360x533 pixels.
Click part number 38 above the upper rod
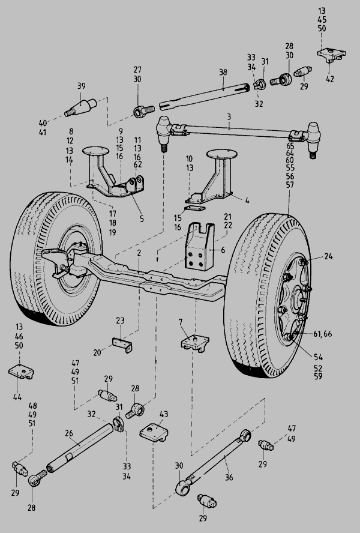point(223,73)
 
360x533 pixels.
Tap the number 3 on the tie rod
point(229,116)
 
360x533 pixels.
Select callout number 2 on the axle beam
point(139,253)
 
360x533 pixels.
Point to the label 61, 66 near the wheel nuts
point(323,334)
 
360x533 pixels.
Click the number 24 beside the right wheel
point(328,256)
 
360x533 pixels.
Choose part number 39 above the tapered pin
point(81,86)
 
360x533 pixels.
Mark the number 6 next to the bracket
point(223,250)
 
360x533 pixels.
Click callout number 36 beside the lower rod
point(229,477)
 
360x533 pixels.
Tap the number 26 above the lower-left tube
point(69,433)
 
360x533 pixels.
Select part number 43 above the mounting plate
point(164,414)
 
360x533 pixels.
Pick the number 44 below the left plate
point(17,397)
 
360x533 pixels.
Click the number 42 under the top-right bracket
point(330,79)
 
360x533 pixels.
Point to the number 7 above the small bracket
point(181,322)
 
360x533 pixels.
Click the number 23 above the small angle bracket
point(121,320)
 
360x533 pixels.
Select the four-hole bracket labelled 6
point(200,247)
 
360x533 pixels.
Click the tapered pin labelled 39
point(81,106)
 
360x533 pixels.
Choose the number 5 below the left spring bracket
point(142,218)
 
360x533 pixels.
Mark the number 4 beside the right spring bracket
point(247,200)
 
